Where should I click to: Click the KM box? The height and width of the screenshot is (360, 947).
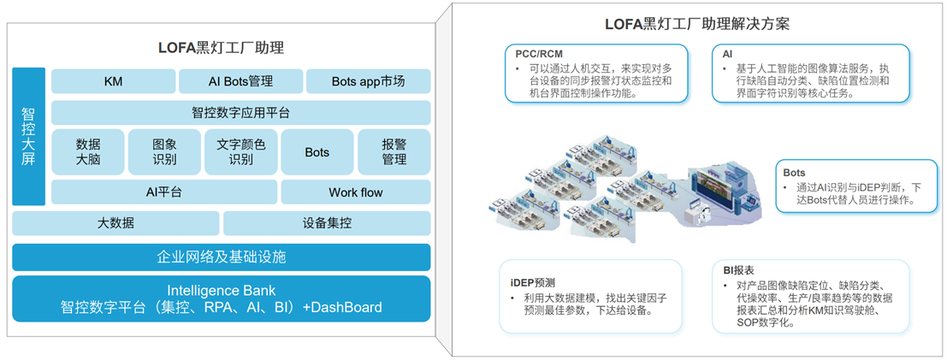tap(112, 81)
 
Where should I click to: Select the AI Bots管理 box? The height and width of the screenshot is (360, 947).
tap(240, 81)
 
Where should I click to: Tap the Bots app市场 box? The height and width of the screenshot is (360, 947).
tap(368, 81)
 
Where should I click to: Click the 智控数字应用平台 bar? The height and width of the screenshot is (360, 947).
tap(240, 113)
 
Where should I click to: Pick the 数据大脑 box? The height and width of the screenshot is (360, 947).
tap(88, 152)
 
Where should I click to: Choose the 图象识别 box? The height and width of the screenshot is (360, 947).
tap(164, 152)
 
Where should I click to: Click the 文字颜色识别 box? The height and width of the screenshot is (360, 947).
tap(240, 152)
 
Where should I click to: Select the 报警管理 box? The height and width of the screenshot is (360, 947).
tap(394, 152)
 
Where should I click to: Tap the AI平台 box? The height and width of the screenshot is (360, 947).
tap(163, 192)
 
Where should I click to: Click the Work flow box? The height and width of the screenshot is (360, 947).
tap(355, 192)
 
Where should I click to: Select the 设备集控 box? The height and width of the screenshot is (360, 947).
tap(326, 224)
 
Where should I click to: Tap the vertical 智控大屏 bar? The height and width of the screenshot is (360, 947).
tap(28, 137)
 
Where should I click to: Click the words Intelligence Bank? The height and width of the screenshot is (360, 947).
tap(221, 290)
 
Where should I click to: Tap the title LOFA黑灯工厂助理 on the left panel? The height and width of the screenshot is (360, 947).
tap(221, 48)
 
